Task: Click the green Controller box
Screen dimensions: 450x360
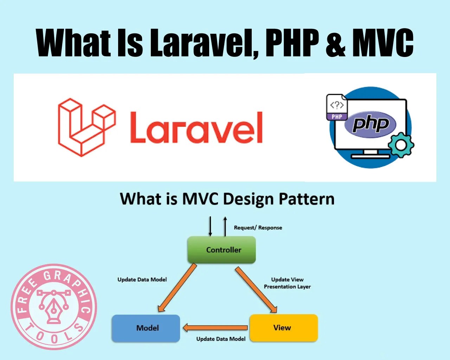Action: click(x=221, y=250)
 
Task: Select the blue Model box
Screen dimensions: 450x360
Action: click(x=146, y=328)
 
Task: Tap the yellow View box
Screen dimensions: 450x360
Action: click(x=283, y=328)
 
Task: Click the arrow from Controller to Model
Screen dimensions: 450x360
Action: click(x=177, y=288)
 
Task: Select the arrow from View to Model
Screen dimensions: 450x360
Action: click(x=215, y=328)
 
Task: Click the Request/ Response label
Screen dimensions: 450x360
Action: click(x=258, y=228)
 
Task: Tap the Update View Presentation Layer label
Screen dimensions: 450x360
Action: click(x=287, y=283)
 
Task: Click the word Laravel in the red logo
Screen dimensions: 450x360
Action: click(x=196, y=128)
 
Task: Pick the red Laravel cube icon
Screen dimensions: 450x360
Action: click(x=86, y=127)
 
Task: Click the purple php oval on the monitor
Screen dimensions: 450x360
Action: click(x=370, y=124)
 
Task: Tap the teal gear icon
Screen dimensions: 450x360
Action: click(x=401, y=145)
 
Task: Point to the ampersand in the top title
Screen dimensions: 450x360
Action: click(x=336, y=44)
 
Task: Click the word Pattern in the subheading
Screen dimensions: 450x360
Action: click(x=306, y=199)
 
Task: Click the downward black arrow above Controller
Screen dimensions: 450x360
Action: click(x=210, y=226)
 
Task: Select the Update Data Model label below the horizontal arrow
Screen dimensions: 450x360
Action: click(x=221, y=339)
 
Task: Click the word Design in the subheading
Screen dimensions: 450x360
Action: click(x=248, y=199)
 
